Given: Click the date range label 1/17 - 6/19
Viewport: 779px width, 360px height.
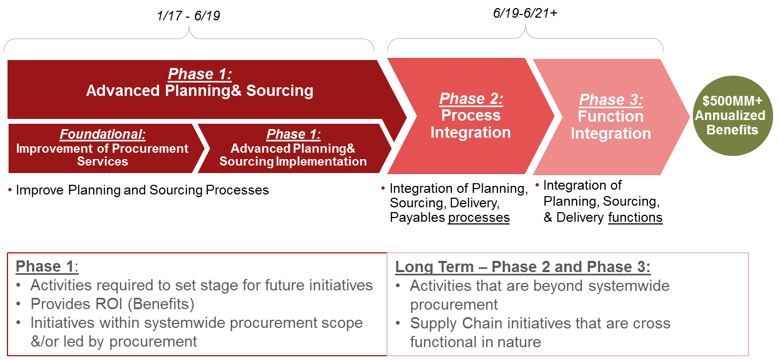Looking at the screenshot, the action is tap(188, 16).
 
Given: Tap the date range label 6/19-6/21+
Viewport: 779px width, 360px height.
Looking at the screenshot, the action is tap(525, 13).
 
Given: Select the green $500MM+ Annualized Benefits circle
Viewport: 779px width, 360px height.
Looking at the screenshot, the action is tap(732, 116).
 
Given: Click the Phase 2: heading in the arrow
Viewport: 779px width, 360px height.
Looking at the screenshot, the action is tap(471, 99).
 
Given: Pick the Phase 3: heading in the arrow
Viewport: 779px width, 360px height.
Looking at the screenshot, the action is tap(611, 100).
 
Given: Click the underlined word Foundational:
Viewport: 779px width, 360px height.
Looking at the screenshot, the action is tap(103, 134).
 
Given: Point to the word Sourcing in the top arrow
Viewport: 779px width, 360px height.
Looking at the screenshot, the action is tap(279, 91).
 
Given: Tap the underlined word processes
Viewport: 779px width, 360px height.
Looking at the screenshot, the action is tap(479, 217).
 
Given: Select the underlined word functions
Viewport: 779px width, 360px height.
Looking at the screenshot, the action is tap(636, 217).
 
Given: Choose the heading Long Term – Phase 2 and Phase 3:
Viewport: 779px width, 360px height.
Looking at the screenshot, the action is tap(523, 267).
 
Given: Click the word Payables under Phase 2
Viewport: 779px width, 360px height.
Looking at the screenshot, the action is tap(417, 217).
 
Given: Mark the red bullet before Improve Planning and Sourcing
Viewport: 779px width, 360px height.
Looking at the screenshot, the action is tap(10, 190).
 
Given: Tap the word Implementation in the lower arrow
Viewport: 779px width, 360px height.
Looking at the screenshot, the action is tap(321, 162).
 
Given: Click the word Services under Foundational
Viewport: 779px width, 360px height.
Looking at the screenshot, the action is tap(103, 161).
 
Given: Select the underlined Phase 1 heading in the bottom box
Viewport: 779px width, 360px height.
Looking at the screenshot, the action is tap(44, 267).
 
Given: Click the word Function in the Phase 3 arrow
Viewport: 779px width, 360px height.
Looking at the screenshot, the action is tap(611, 117).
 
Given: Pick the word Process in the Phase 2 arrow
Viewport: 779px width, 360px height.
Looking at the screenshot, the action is tap(471, 116).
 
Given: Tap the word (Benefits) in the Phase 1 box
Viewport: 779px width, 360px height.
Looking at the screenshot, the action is tap(161, 304).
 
